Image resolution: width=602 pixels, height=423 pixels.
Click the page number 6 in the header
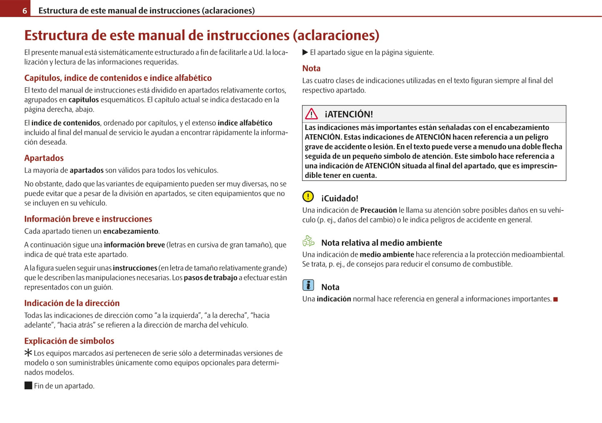click(25, 10)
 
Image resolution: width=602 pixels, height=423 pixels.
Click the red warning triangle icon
click(311, 114)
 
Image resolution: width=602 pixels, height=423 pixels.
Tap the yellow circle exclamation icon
click(308, 196)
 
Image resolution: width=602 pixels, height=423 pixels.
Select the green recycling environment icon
click(308, 241)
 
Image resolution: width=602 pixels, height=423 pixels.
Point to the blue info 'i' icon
click(308, 285)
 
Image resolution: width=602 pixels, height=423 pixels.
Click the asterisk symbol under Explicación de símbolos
click(28, 353)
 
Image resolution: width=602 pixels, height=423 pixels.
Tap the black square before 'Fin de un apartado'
click(28, 385)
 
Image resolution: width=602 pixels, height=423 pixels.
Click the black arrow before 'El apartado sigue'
click(305, 52)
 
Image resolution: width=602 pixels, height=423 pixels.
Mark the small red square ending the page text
click(555, 299)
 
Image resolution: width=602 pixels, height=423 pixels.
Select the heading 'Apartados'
click(44, 158)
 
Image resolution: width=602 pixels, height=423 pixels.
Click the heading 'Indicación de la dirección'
click(72, 303)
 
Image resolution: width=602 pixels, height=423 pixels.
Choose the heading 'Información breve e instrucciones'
click(88, 219)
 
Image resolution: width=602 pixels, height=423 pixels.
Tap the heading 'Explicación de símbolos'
click(69, 341)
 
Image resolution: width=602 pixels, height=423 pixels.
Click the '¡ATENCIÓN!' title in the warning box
click(349, 114)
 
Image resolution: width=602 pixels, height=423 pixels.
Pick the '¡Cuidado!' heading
click(340, 199)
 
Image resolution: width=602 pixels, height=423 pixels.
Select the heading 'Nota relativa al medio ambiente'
click(381, 243)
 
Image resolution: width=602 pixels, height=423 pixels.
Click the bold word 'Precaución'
click(378, 210)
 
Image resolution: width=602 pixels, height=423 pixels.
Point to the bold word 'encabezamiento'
click(130, 231)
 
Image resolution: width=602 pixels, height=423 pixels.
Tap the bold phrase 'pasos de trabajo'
click(210, 278)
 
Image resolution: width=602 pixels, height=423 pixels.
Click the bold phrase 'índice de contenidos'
click(66, 123)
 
